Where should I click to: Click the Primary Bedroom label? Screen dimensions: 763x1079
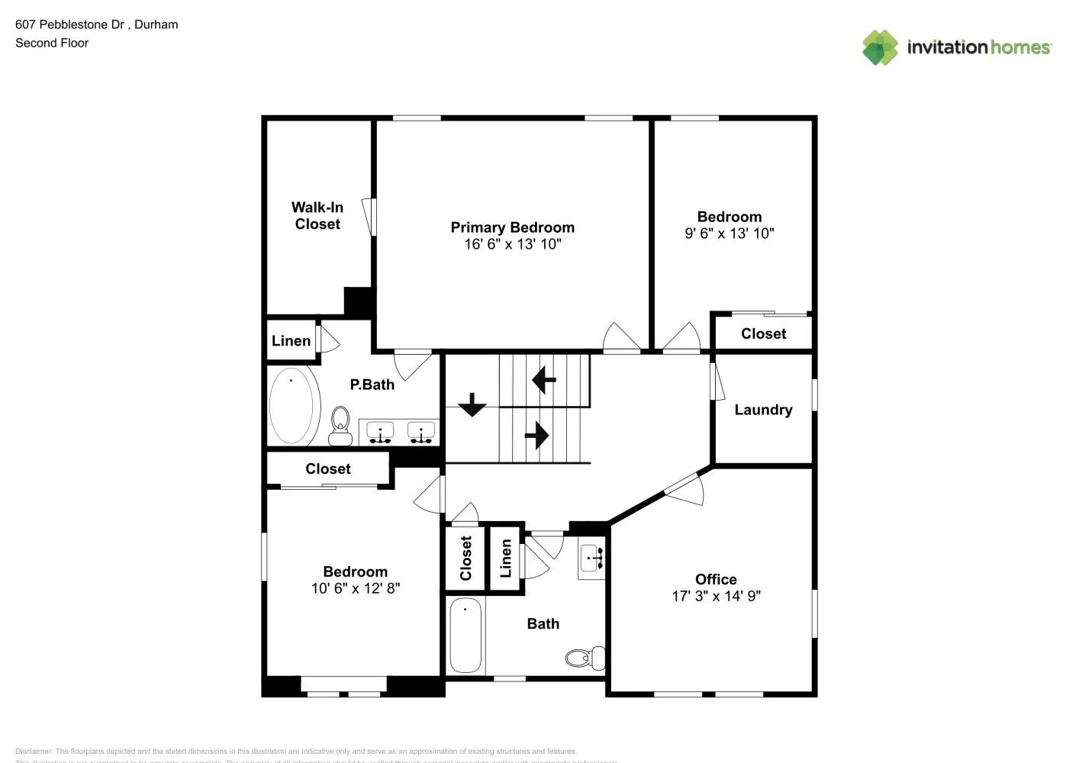coord(512,227)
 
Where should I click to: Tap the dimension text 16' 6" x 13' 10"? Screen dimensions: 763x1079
coord(513,244)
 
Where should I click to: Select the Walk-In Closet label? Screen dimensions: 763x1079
coord(317,216)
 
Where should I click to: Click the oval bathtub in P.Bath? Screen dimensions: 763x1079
coord(295,406)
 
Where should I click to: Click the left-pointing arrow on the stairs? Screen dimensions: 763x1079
coord(543,379)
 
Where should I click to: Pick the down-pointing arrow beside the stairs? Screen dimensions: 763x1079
coord(472,404)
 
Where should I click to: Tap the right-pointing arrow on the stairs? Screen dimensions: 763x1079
coord(537,436)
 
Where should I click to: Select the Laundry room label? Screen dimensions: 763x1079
coord(763,410)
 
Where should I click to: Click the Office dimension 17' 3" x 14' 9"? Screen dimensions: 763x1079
coord(716,596)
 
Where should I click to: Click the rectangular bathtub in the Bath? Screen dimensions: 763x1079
coord(465,636)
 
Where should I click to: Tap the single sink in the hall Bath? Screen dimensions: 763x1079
coord(592,559)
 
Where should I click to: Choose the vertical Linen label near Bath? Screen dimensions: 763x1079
coord(505,558)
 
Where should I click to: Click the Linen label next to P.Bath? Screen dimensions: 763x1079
coord(291,341)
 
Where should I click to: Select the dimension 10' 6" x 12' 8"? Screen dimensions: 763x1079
coord(356,588)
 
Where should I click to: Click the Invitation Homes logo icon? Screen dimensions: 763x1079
coord(880,47)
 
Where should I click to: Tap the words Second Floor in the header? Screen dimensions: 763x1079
coord(52,43)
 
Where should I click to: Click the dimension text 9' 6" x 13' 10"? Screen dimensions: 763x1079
coord(729,233)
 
